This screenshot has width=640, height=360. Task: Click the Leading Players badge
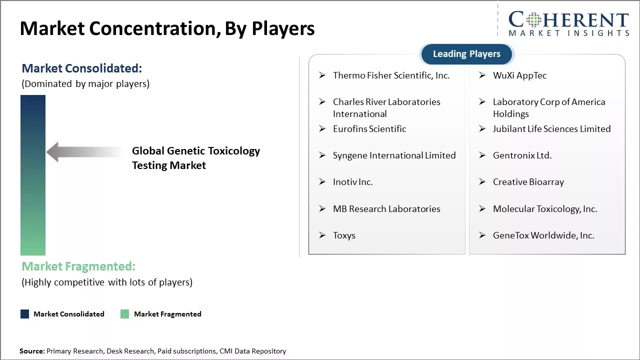[x=466, y=54]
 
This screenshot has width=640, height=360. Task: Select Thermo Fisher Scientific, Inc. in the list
[x=391, y=75]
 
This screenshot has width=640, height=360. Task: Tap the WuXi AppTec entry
[x=519, y=75]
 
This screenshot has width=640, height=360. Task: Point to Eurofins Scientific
[x=369, y=129]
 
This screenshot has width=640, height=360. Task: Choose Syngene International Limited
[x=394, y=155]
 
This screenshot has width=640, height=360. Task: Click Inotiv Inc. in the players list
[x=352, y=182]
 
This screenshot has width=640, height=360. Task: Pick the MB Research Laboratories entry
[x=386, y=209]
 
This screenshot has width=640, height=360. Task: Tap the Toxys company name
[x=344, y=235]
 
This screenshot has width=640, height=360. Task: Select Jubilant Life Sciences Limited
[x=551, y=129]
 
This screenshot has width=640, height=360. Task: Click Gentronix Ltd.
[x=522, y=155]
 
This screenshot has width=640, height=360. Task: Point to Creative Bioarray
[x=528, y=182]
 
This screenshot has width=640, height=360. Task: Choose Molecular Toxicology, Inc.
[x=545, y=209]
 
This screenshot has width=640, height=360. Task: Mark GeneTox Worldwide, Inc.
[x=543, y=235]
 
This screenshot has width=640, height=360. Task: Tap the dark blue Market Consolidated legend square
[x=24, y=314]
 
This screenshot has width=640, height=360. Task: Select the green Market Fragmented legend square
[x=125, y=314]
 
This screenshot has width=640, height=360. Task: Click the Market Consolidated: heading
[x=81, y=68]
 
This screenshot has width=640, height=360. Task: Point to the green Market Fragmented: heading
[x=78, y=266]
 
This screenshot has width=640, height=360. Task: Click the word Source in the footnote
[x=31, y=351]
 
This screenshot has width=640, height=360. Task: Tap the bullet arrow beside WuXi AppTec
[x=482, y=75]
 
